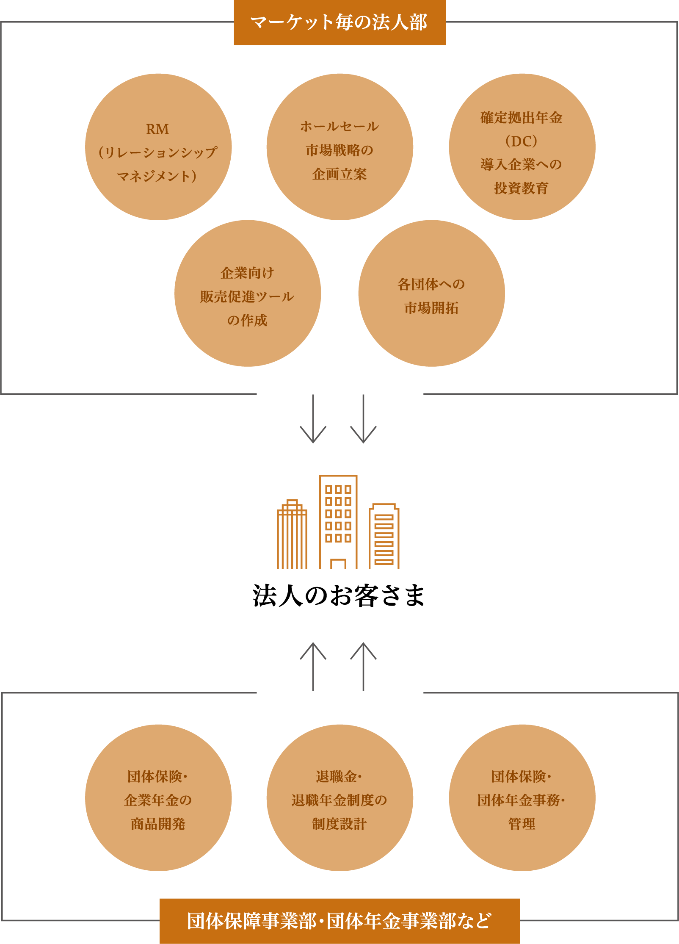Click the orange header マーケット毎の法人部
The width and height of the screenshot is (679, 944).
(339, 22)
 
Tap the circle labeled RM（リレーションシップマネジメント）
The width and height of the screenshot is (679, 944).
(158, 147)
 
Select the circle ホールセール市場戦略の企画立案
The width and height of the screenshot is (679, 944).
(339, 147)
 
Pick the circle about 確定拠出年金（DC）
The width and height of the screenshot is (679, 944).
(522, 147)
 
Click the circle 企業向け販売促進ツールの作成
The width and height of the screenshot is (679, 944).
(248, 293)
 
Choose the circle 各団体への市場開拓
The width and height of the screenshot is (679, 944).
(431, 293)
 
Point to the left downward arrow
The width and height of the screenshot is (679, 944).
(313, 419)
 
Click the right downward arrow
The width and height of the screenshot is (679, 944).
(363, 419)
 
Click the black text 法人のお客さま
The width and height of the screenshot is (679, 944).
(338, 595)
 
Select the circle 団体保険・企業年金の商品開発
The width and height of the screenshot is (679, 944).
(158, 798)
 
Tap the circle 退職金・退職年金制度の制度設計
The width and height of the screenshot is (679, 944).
(339, 798)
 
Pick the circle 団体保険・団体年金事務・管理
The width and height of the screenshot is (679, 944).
(522, 798)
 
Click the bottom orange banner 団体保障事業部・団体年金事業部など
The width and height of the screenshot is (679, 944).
(339, 921)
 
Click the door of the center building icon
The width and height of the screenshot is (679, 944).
(338, 564)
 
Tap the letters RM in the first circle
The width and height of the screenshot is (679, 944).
(157, 129)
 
